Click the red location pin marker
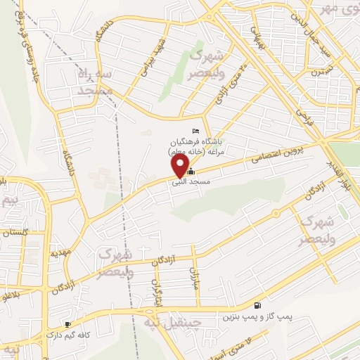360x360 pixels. (181, 165)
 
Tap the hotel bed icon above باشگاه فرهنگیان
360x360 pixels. (196, 131)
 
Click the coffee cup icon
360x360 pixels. (67, 325)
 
